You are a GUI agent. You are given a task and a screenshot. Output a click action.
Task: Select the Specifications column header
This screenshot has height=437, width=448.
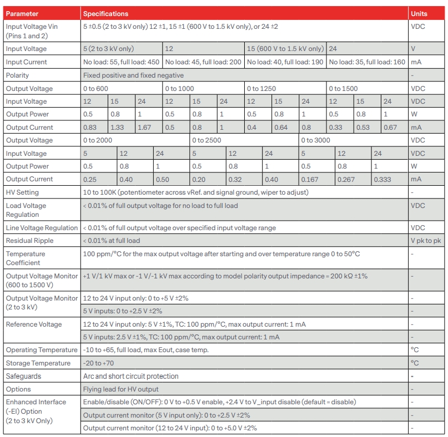[105, 13]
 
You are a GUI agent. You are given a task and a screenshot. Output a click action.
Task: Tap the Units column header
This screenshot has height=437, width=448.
[419, 13]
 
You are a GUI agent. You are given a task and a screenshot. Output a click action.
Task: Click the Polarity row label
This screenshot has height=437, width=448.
[17, 75]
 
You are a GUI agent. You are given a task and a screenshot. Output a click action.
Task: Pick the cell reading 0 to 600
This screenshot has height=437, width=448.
[95, 88]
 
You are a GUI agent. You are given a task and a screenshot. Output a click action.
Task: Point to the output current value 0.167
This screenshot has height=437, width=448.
[311, 179]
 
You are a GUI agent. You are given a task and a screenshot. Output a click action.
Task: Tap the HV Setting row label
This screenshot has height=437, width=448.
[22, 192]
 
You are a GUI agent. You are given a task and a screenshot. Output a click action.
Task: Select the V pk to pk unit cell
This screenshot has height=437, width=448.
[425, 241]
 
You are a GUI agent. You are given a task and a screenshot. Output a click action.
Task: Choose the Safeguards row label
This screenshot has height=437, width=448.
[23, 376]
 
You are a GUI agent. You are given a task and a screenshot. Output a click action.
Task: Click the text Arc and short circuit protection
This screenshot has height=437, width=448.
[130, 376]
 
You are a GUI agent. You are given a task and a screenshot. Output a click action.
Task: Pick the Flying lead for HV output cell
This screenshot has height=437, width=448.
[120, 389]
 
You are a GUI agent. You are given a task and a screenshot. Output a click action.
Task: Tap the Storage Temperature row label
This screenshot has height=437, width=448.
[38, 363]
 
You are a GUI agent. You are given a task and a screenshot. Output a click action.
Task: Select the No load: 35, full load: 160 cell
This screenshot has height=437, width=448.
[367, 62]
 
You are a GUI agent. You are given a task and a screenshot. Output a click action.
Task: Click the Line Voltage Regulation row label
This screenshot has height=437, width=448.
[42, 227]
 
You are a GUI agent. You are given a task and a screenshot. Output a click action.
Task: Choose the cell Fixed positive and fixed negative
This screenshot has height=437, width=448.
[133, 75]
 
